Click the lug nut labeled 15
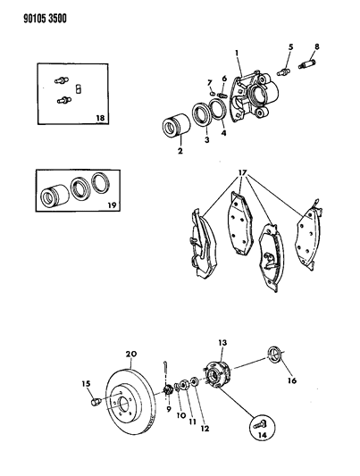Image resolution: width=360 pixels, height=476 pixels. point(94,409)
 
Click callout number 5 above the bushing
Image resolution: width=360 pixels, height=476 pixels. point(289,47)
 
